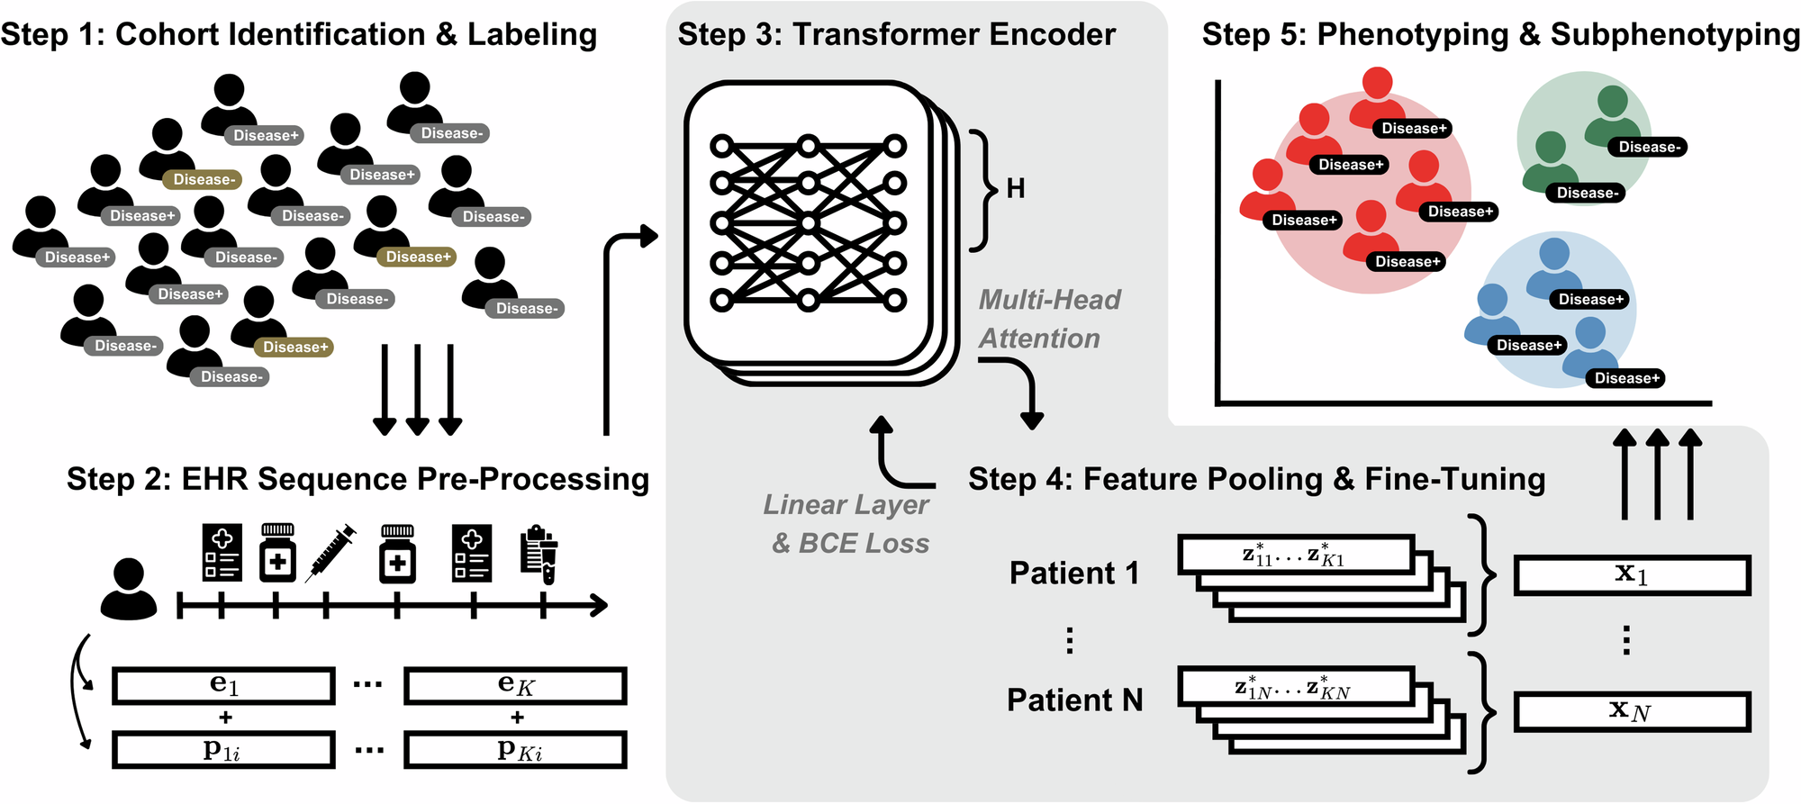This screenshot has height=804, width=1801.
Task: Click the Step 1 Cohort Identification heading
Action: point(298,34)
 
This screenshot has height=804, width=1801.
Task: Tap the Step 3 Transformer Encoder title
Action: point(896,34)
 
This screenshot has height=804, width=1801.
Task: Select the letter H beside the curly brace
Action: point(1016,189)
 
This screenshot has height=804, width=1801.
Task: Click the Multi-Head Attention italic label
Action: point(1048,319)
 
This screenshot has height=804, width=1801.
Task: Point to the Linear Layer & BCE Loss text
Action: point(847,523)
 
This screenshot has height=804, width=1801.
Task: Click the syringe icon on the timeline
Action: point(330,553)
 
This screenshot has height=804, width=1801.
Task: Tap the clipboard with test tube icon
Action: point(539,553)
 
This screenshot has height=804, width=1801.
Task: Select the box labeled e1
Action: point(223,685)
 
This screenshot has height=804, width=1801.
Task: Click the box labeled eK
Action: point(515,685)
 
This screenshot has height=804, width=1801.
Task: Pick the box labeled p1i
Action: point(223,749)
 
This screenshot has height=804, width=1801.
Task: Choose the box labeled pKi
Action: point(515,749)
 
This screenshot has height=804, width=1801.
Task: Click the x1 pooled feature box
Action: point(1631,575)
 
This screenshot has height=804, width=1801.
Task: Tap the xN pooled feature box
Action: point(1631,711)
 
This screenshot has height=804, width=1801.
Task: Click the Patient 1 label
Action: point(1073,573)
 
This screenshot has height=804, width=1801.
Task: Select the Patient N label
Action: point(1074,700)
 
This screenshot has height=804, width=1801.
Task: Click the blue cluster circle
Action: point(1558,311)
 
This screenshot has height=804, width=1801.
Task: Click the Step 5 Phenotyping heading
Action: point(1500,34)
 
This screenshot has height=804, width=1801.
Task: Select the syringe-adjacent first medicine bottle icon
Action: point(277,553)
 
